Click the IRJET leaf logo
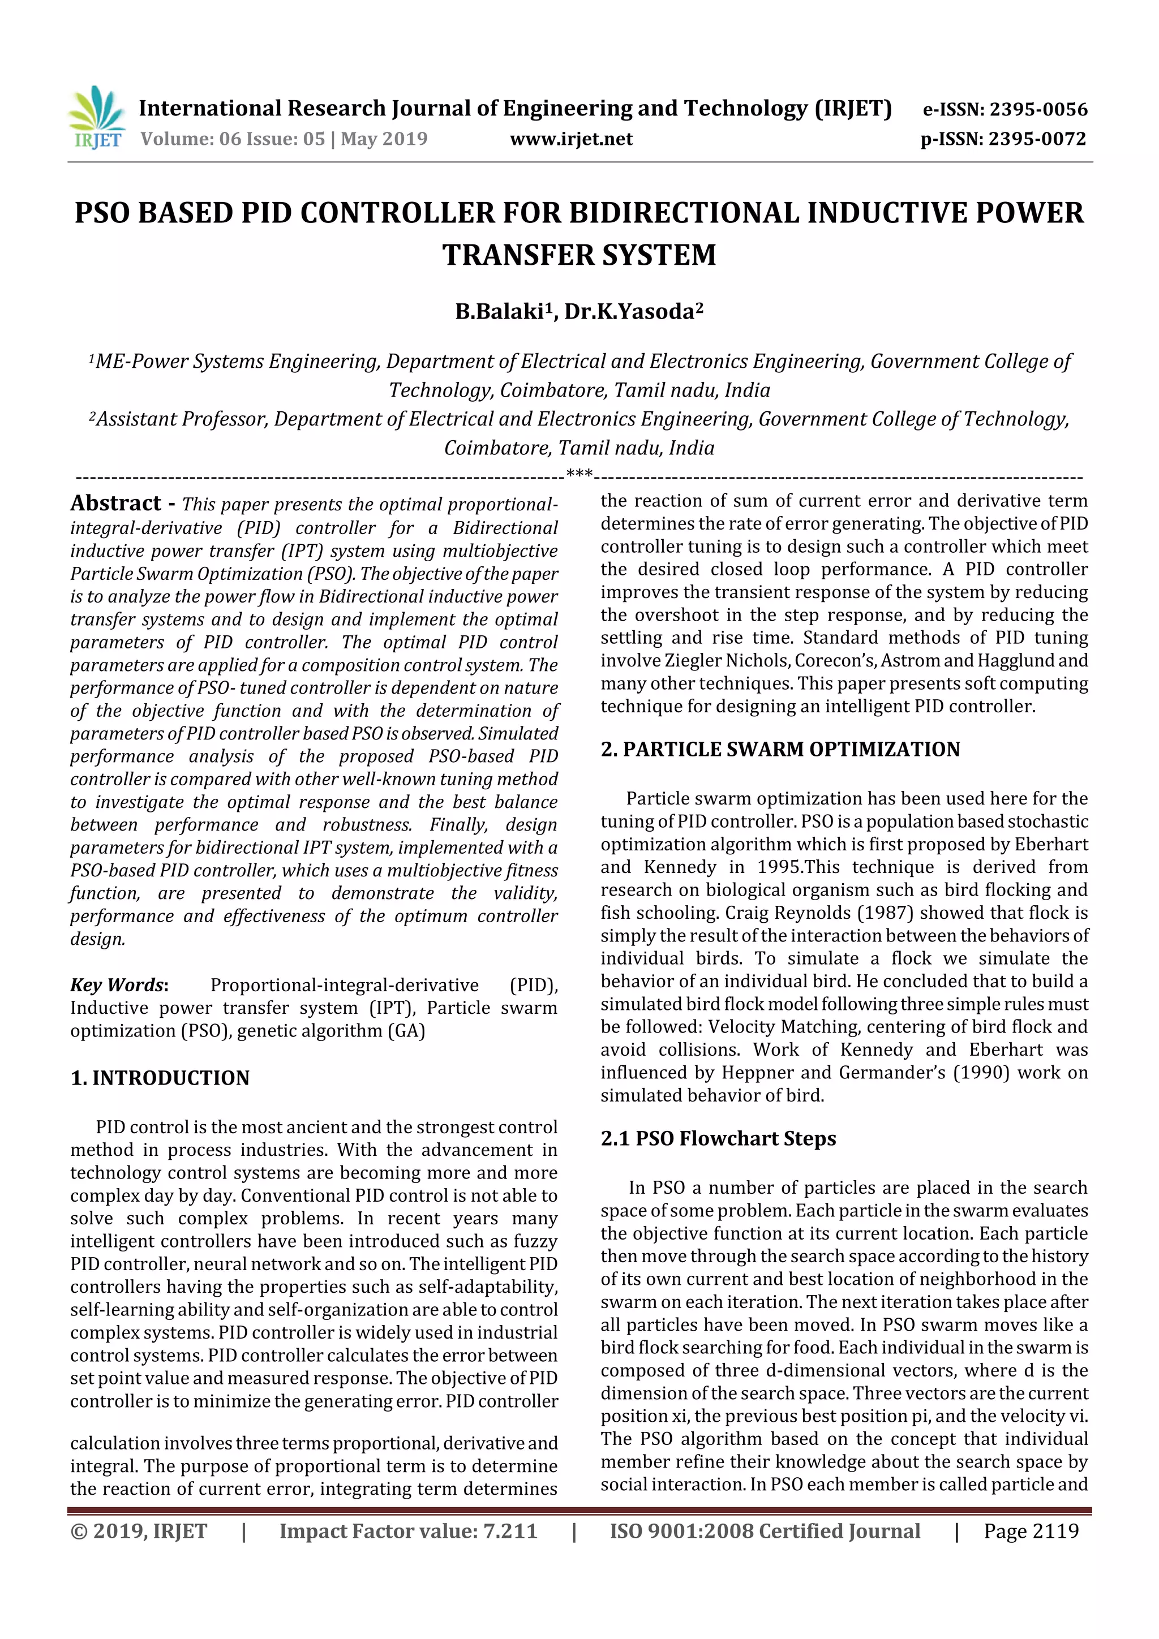coord(96,117)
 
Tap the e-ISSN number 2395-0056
coord(1037,110)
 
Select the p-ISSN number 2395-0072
coord(1037,139)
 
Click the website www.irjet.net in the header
coord(571,139)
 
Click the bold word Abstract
coord(115,504)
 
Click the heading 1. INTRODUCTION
coord(160,1078)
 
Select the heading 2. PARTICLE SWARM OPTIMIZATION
coord(780,750)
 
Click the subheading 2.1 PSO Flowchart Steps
coord(718,1139)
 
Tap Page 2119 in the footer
coord(1031,1530)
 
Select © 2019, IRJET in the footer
coord(139,1530)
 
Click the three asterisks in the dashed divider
coord(579,474)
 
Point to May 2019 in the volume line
coord(384,139)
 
